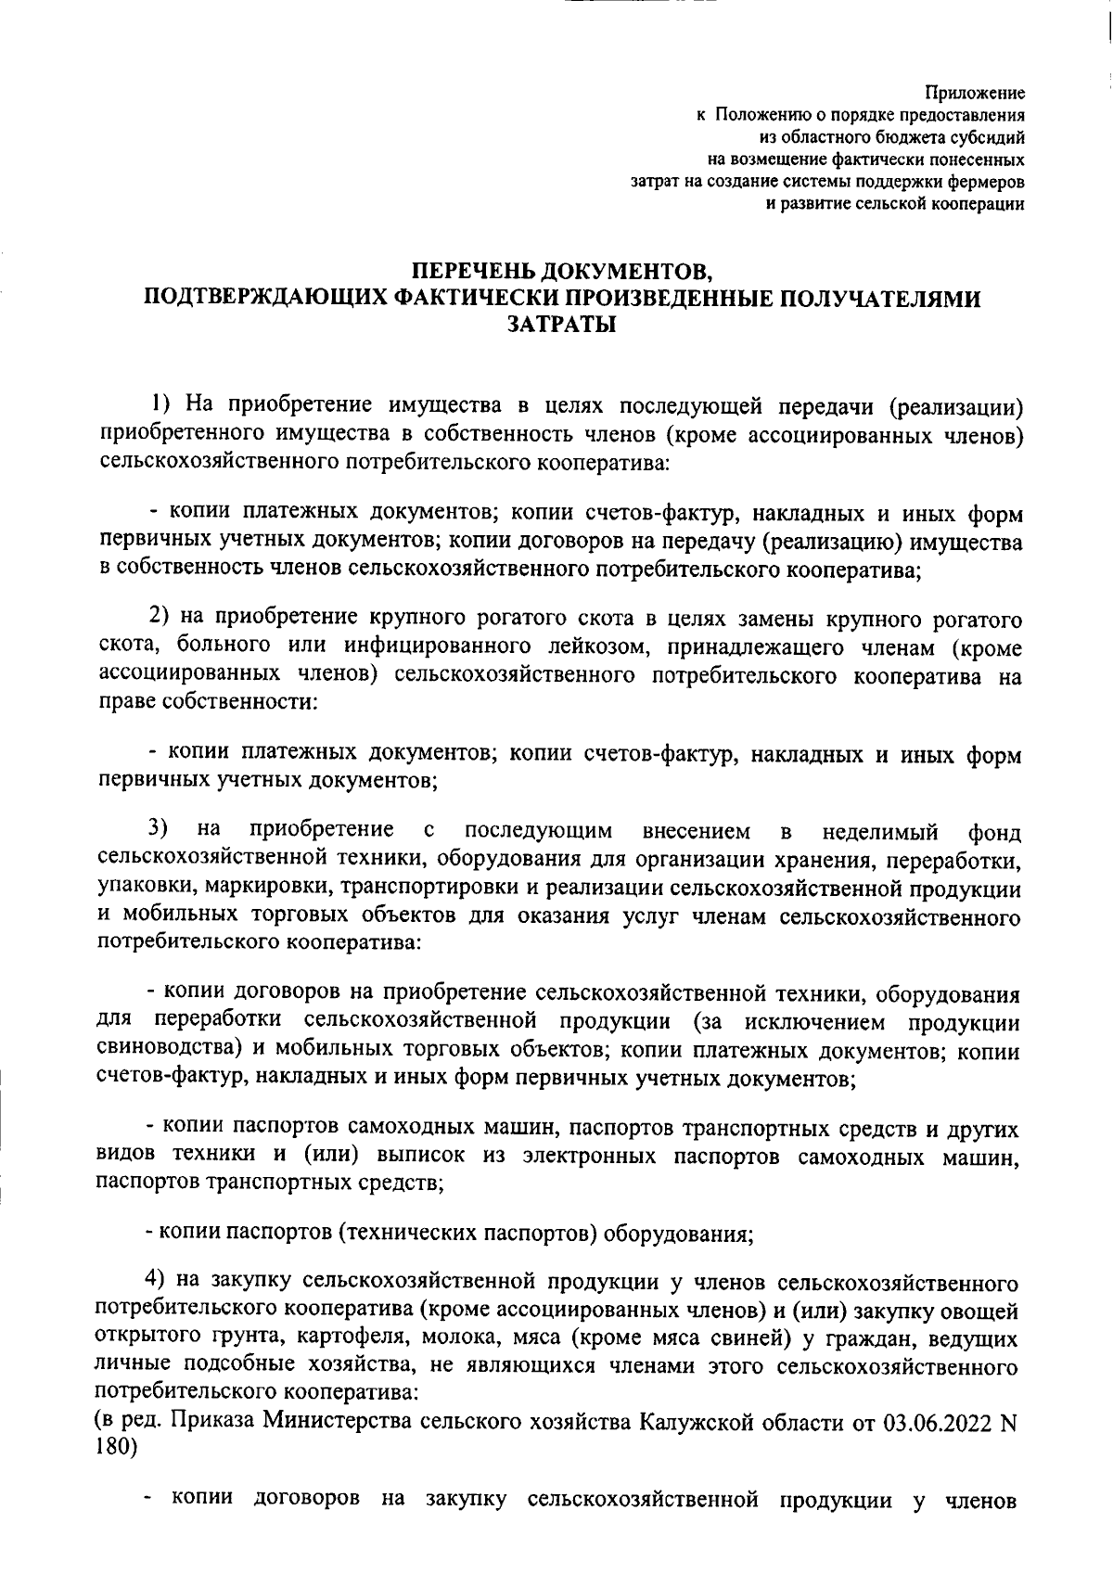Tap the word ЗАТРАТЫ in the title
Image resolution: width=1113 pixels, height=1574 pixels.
(x=561, y=324)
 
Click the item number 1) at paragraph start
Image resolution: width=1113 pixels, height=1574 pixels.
(x=163, y=404)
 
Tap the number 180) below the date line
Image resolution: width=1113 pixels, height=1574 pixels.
(x=116, y=1449)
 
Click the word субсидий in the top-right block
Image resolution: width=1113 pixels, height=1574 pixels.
(x=986, y=138)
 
